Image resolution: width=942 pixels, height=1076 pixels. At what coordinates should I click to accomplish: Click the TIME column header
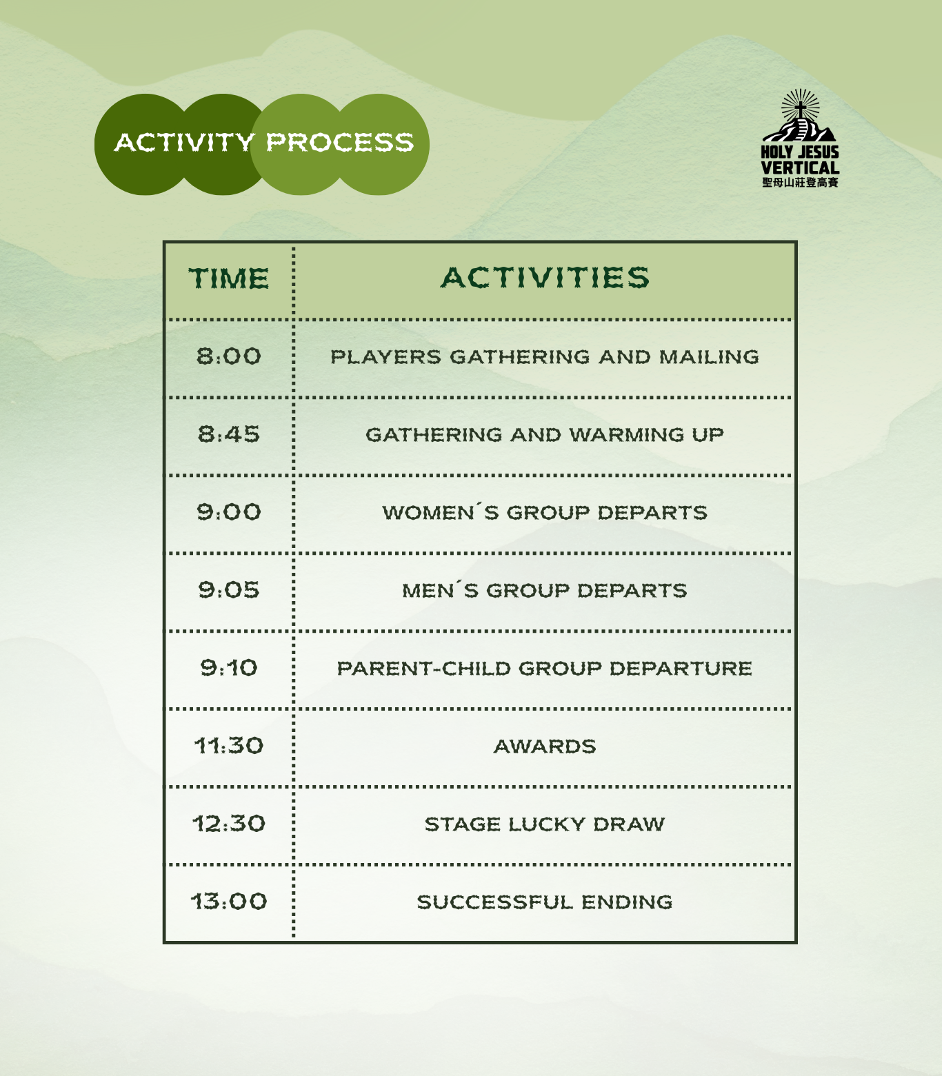click(229, 278)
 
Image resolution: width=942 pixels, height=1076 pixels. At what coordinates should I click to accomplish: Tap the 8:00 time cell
click(229, 356)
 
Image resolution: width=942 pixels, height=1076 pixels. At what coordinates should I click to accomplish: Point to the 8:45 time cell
click(229, 434)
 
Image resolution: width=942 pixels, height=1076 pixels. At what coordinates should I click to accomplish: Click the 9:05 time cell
click(229, 590)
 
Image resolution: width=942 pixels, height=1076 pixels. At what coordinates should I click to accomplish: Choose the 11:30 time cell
click(229, 746)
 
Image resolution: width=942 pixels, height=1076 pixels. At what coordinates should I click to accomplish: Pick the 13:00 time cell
click(229, 902)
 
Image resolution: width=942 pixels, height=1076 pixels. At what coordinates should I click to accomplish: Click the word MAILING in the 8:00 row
click(709, 357)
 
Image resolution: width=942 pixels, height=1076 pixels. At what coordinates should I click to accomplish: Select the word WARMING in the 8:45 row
click(626, 435)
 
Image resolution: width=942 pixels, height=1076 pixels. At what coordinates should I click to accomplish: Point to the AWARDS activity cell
click(545, 747)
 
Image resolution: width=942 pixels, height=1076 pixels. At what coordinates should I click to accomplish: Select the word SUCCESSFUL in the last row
click(494, 902)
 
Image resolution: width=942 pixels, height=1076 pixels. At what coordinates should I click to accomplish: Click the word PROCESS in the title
click(340, 143)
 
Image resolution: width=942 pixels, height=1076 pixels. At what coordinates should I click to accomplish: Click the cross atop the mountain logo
click(800, 110)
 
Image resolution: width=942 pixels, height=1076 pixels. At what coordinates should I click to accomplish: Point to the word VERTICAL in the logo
click(800, 168)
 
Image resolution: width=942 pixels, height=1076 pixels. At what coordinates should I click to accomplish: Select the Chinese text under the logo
click(800, 183)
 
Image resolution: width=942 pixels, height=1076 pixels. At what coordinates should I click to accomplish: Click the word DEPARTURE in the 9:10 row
click(681, 669)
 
